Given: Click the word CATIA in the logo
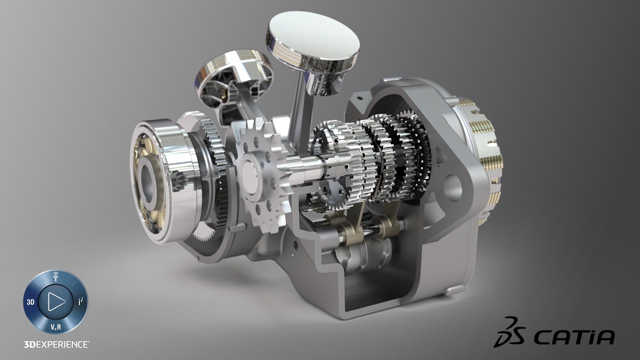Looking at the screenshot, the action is point(574,337).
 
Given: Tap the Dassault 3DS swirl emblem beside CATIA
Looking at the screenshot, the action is point(510,332).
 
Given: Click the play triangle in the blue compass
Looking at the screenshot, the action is point(56,301).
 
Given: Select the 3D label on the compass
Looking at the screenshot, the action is point(30,302).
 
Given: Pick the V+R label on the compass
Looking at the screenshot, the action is point(55,327).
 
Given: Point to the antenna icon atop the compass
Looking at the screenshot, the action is point(56,276).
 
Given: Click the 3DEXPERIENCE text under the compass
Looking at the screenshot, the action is point(56,344).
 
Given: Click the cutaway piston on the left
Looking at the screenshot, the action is point(234,83).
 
